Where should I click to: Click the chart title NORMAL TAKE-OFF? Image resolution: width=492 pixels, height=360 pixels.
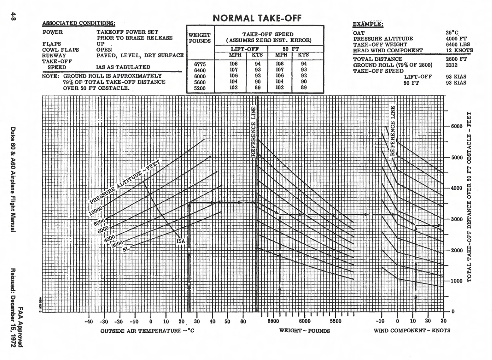click(x=257, y=18)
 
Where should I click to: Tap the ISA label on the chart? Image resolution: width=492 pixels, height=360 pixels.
click(x=181, y=241)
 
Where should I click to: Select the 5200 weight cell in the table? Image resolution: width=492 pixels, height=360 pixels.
click(x=200, y=88)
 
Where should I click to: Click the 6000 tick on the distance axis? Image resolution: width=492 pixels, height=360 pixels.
click(x=457, y=126)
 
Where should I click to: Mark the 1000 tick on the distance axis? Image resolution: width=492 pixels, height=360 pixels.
click(x=457, y=281)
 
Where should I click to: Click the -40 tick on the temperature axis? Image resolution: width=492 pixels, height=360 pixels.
click(x=88, y=322)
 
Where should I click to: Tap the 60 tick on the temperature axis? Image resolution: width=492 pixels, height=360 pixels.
click(x=243, y=322)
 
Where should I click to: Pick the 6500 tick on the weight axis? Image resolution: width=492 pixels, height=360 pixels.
click(x=273, y=321)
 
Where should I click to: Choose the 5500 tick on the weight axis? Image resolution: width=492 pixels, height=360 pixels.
click(x=335, y=321)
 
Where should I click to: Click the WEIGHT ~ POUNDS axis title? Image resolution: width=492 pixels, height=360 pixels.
click(x=304, y=331)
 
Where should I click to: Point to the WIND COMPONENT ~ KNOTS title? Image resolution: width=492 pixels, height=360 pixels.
click(x=412, y=330)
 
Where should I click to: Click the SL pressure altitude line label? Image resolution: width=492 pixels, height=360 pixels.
click(x=126, y=249)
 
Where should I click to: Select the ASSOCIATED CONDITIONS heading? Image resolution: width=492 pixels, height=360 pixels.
click(x=79, y=23)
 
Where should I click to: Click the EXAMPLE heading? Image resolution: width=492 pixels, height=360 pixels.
click(x=368, y=24)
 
